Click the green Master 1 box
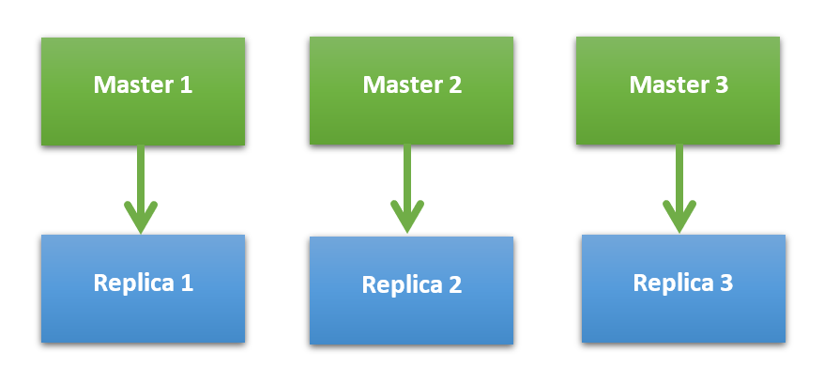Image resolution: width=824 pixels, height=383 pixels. tap(143, 91)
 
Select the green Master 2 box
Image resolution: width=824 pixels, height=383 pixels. tap(411, 91)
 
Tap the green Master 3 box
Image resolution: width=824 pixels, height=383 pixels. tap(679, 91)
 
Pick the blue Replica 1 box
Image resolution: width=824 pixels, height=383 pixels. tap(143, 287)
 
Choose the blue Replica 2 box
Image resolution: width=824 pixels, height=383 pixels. tap(411, 290)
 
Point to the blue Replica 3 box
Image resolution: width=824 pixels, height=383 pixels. tap(682, 288)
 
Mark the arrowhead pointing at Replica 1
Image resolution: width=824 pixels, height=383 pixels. tap(141, 219)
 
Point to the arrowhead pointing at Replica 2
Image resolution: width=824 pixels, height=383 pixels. tap(407, 219)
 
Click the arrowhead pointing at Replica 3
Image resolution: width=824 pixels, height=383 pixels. tap(678, 219)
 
